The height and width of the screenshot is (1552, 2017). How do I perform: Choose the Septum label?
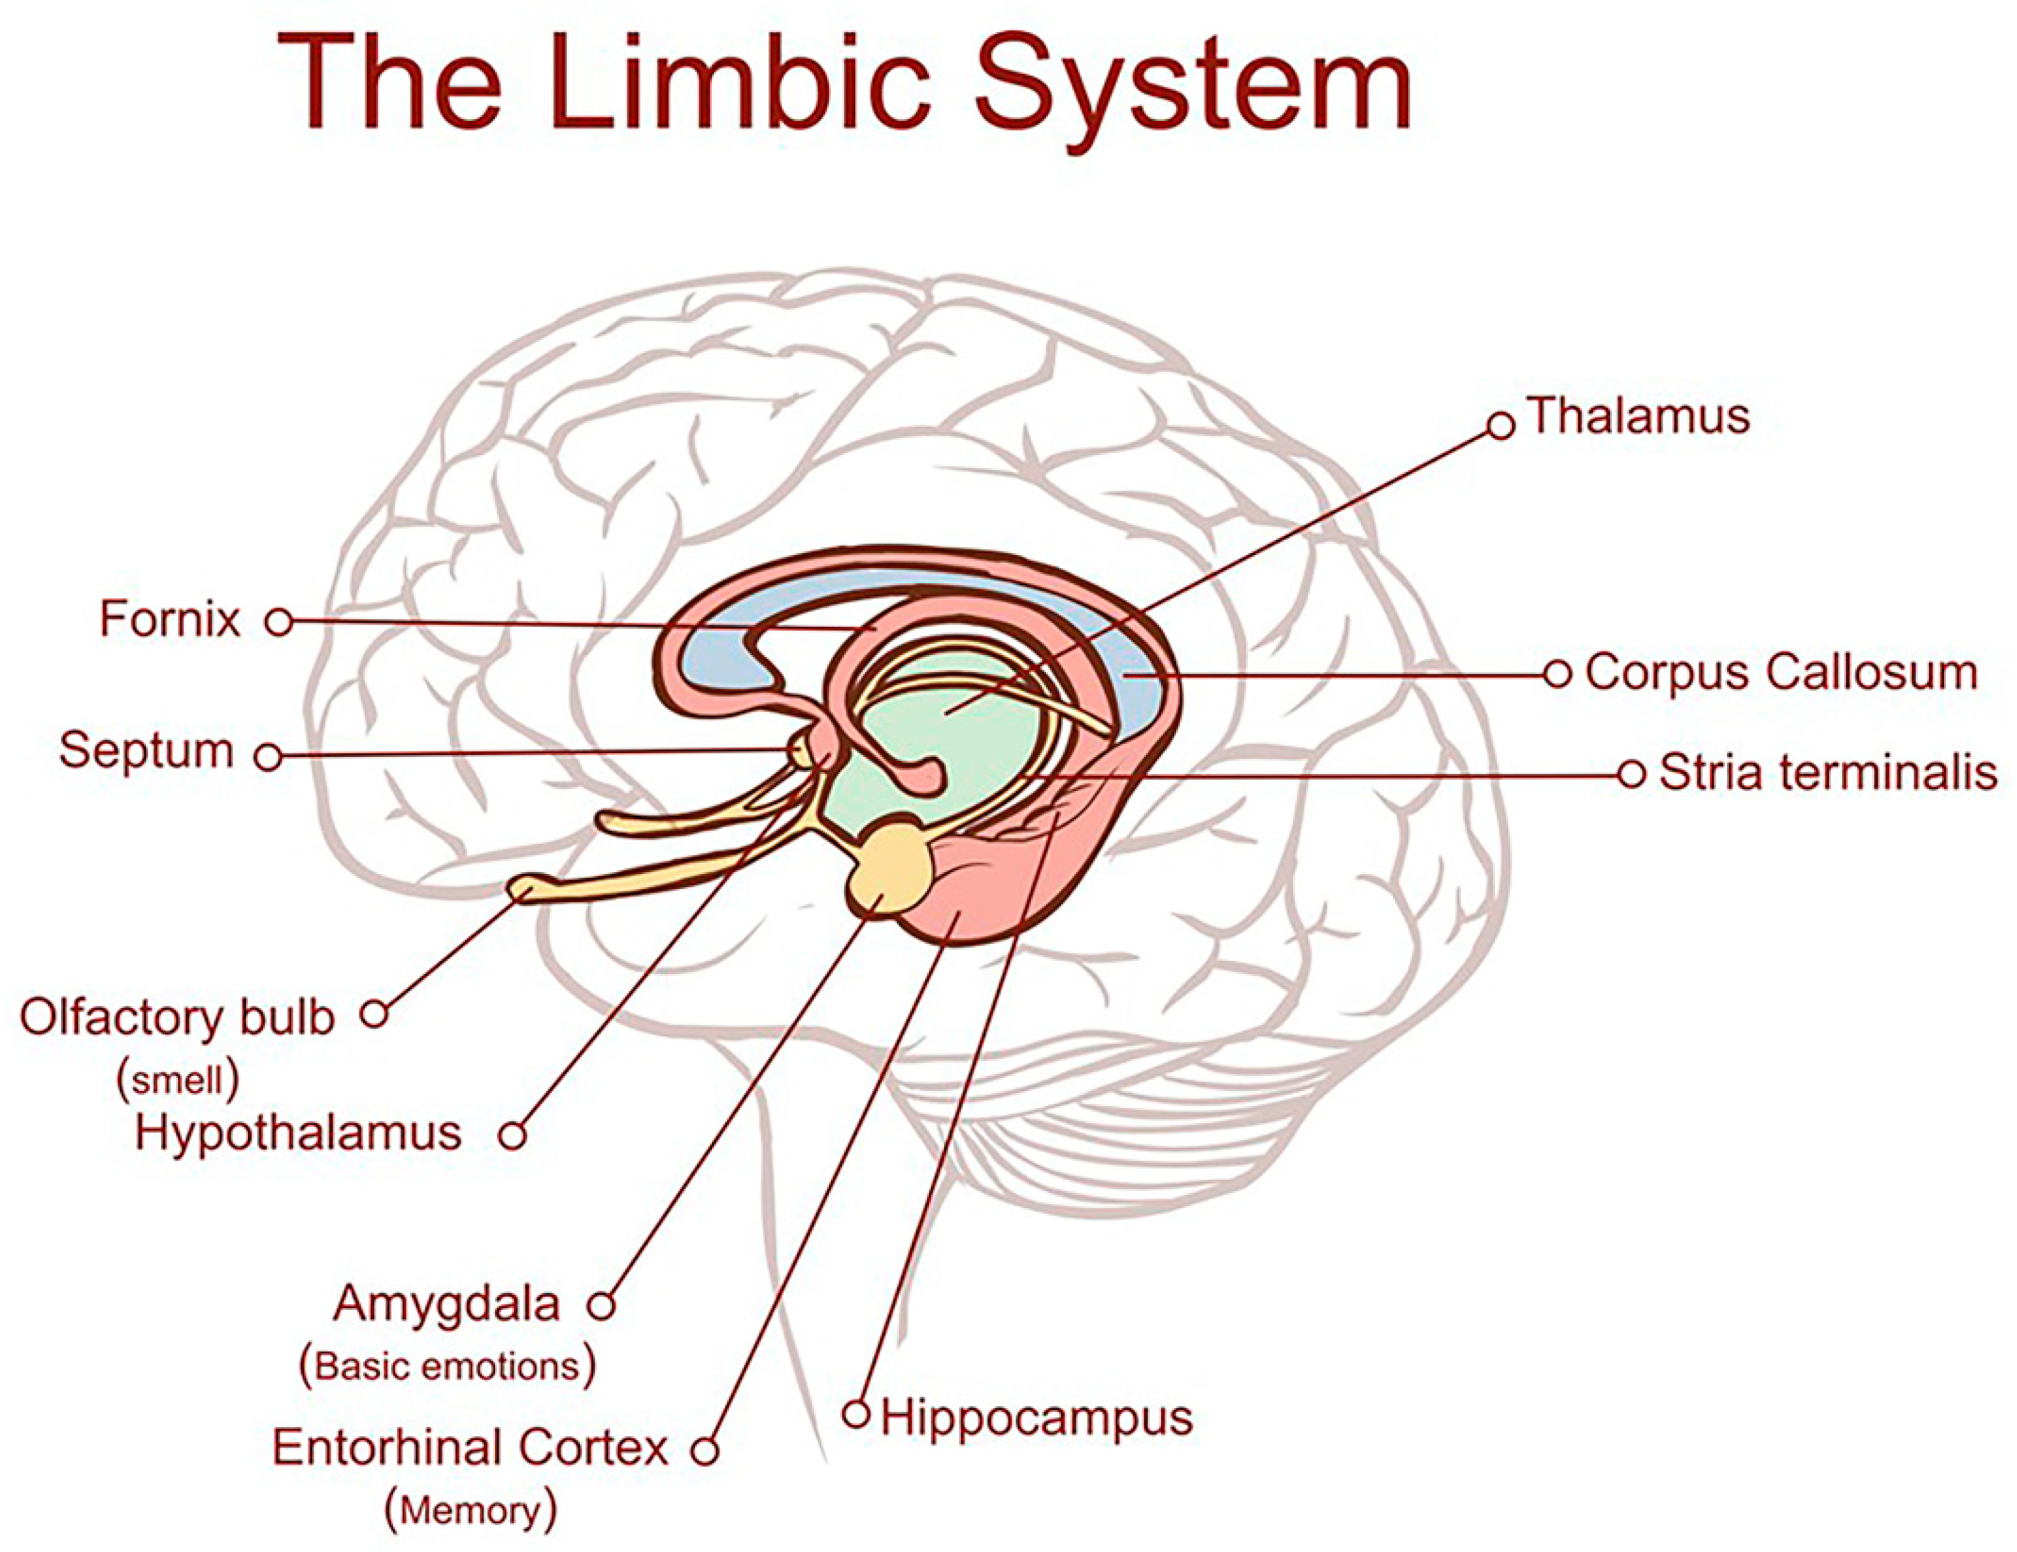pos(146,750)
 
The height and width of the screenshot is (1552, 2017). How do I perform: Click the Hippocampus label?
pos(1036,1417)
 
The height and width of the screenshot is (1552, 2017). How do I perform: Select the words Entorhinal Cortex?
pos(469,1447)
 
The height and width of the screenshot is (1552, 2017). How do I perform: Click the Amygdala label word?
pos(447,1303)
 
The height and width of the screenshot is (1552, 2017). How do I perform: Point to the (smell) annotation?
pos(178,1079)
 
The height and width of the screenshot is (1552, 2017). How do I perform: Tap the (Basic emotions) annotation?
pos(448,1367)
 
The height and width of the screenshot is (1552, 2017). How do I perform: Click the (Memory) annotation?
pos(471,1511)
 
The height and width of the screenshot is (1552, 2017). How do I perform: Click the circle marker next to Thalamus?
pos(1501,426)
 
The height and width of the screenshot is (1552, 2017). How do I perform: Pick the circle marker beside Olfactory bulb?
pos(374,1013)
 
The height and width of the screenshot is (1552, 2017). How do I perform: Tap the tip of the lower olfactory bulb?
pos(523,888)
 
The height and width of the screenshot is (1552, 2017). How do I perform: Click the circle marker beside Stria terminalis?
pos(1631,774)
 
